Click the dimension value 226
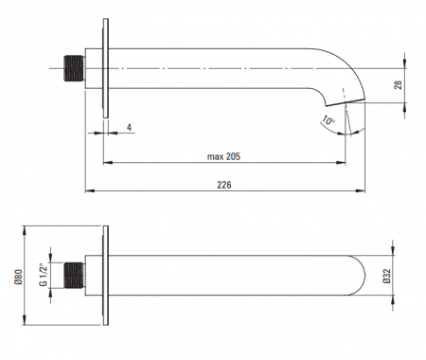click(x=224, y=185)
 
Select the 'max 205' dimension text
click(x=223, y=156)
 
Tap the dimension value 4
click(x=129, y=127)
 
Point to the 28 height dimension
click(x=399, y=84)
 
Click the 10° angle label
click(x=328, y=120)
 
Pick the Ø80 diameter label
click(x=18, y=277)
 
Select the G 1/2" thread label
click(x=44, y=275)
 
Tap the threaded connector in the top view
click(x=75, y=68)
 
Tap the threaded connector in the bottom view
click(x=75, y=275)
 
